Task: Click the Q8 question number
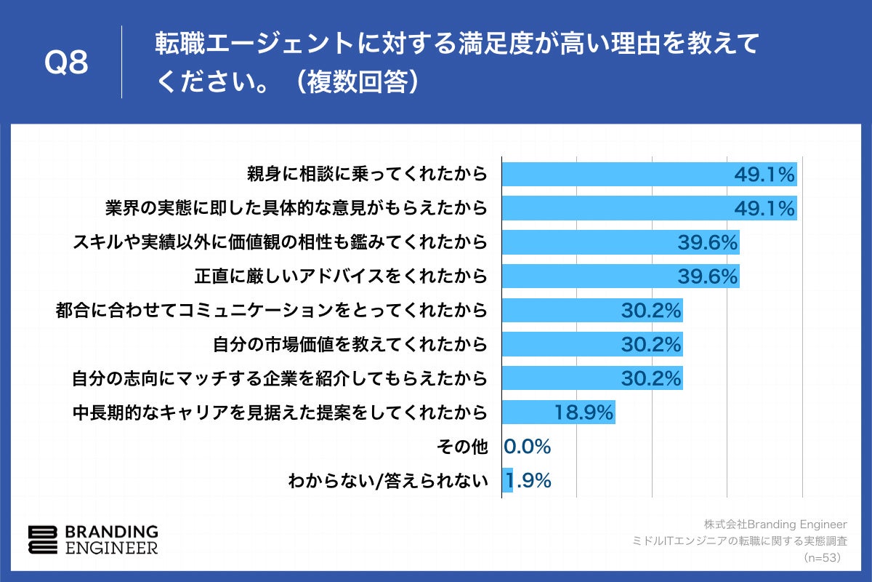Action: pos(66,63)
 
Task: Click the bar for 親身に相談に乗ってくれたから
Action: pos(649,175)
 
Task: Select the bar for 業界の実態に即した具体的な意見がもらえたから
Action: pos(649,209)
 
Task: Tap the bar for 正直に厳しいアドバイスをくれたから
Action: pos(621,276)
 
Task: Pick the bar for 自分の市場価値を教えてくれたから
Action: pos(592,344)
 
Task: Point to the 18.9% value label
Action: pos(584,412)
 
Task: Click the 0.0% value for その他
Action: pos(528,446)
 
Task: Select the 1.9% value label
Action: pos(529,480)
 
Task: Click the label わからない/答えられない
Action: pos(387,480)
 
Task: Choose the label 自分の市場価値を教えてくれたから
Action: pos(350,344)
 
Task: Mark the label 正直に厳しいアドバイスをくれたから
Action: pos(340,276)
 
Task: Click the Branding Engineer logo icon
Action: pos(42,539)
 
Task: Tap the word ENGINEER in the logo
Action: pos(111,548)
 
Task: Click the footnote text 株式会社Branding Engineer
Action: pos(775,525)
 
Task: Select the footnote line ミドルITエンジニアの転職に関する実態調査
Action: pos(740,541)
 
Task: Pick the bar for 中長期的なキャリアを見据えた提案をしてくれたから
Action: pos(558,412)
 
